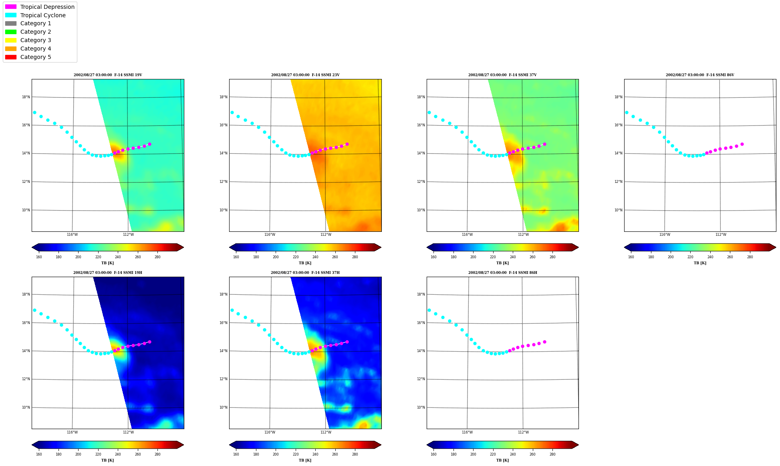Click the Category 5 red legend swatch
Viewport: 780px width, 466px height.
tap(11, 57)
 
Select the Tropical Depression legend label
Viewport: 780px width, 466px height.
tap(47, 7)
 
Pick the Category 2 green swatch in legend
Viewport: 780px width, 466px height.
tap(11, 32)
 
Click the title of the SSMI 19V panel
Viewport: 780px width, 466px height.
tap(108, 75)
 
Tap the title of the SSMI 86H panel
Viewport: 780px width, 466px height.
tap(503, 273)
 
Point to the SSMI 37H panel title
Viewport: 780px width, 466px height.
tap(305, 273)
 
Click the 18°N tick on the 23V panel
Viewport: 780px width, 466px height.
tap(224, 97)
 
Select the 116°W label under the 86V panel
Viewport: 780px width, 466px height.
tap(665, 235)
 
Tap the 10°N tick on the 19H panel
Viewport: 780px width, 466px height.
tap(26, 407)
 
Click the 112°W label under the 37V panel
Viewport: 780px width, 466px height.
tap(523, 235)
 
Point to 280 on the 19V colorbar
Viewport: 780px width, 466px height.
tap(157, 257)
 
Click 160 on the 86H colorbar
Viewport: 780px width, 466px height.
tap(433, 454)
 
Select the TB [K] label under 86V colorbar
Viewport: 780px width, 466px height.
tap(700, 263)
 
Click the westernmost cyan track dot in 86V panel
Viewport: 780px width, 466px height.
tap(627, 112)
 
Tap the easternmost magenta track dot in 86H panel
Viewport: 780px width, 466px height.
tap(544, 342)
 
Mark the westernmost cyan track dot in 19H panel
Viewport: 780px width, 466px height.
tap(34, 310)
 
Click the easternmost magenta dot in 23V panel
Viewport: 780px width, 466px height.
tap(347, 144)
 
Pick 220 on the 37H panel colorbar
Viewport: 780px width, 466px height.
tap(296, 454)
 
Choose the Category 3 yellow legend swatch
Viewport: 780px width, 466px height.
tap(11, 40)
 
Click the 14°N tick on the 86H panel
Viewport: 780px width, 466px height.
tap(421, 351)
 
